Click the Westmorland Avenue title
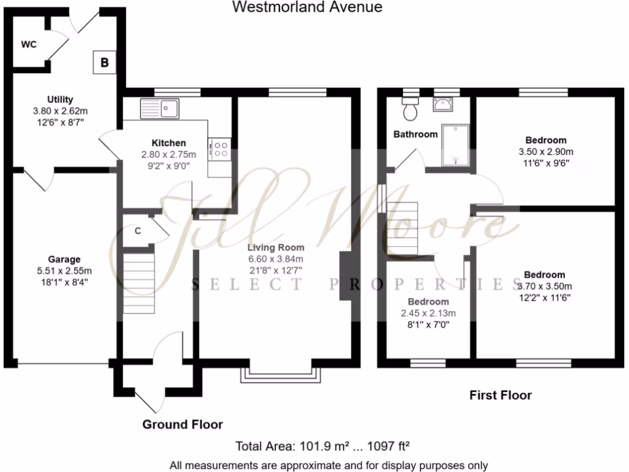[307, 7]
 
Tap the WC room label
[29, 44]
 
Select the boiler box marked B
[104, 62]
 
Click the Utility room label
[60, 100]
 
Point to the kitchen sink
[159, 109]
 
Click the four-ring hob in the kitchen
[219, 149]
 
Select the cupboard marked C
[138, 231]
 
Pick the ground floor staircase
[138, 284]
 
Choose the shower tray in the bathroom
[455, 145]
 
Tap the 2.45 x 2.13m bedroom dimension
[428, 313]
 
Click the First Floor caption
[501, 395]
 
